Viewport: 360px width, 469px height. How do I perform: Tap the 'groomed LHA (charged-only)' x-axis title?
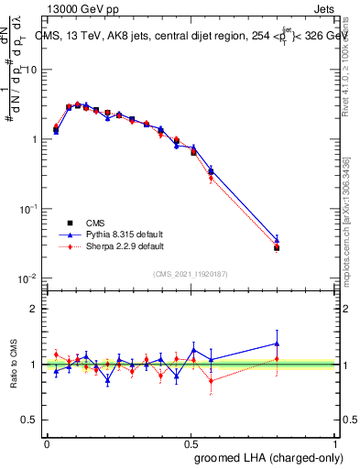click(275, 457)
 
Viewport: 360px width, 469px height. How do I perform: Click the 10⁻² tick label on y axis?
click(28, 278)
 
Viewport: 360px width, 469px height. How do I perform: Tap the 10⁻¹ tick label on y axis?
click(28, 209)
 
